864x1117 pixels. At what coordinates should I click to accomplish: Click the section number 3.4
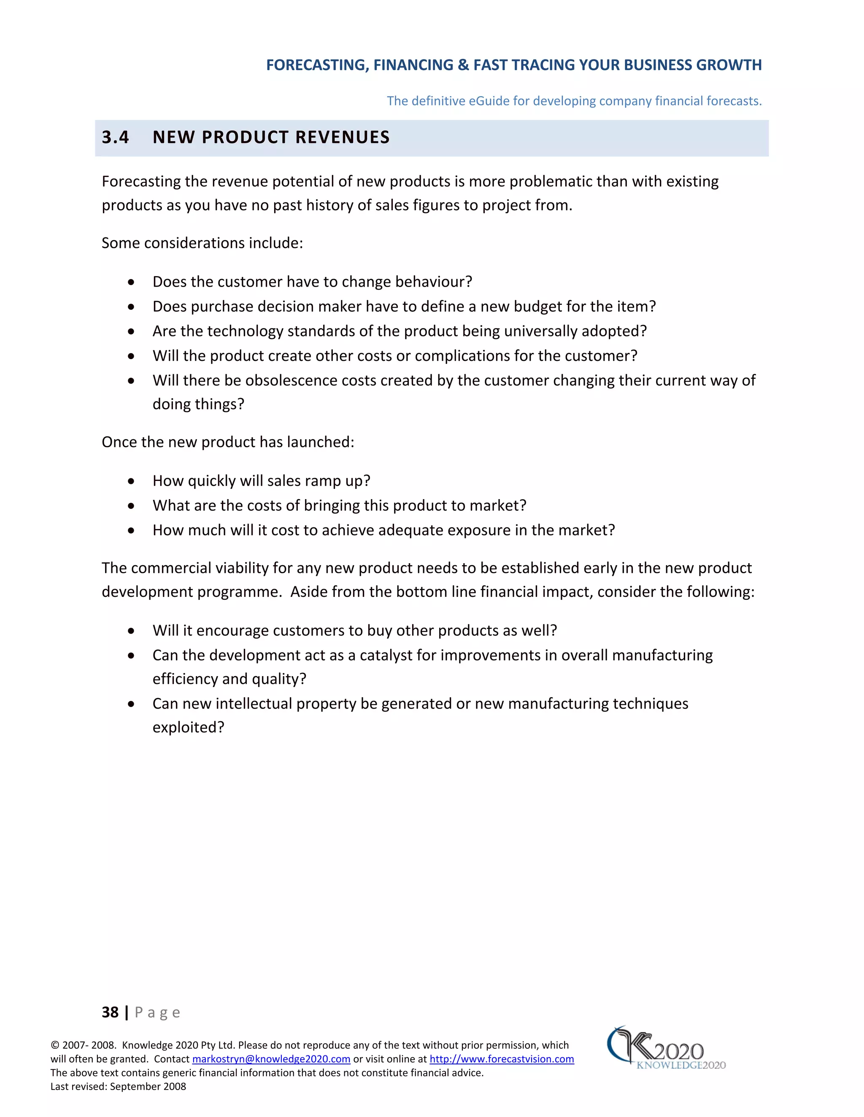click(115, 137)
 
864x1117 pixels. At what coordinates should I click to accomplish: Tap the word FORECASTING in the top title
click(317, 65)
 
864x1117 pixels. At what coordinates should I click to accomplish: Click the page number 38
click(110, 1012)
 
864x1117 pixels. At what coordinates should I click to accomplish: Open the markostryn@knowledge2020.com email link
click(271, 1059)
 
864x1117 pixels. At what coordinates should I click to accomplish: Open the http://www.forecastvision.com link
click(501, 1059)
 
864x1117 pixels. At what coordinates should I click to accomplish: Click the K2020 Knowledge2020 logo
click(665, 1048)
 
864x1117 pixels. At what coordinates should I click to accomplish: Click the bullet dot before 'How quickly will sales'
click(132, 481)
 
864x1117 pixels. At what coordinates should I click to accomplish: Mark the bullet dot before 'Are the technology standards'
click(132, 331)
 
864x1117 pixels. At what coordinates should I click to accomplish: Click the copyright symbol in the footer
click(55, 1045)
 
